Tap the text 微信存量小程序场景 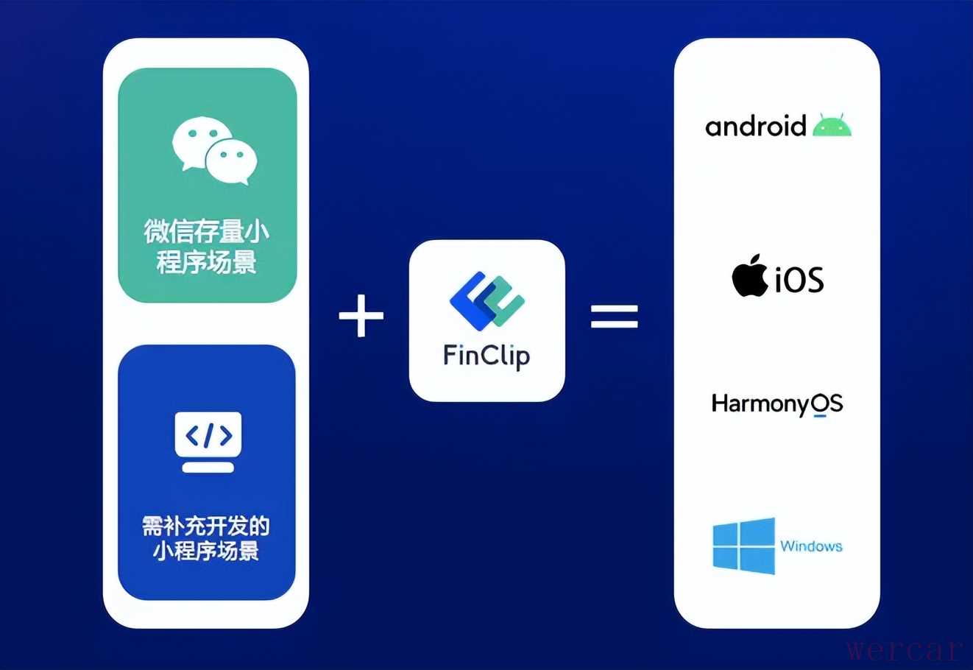[207, 246]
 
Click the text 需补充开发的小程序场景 [206, 537]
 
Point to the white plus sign [361, 317]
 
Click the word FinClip [486, 356]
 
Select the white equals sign [615, 317]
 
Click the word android [756, 127]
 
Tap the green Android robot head [832, 127]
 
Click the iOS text [799, 280]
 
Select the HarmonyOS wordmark [776, 404]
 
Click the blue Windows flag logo [744, 546]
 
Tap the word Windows [811, 546]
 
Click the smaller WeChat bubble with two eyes [231, 161]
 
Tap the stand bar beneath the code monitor [208, 467]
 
